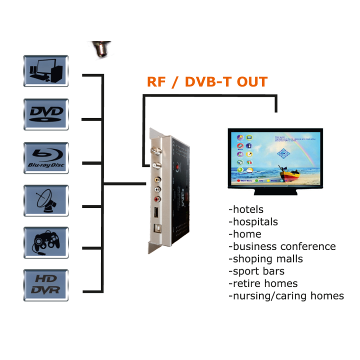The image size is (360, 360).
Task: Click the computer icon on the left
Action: (45, 71)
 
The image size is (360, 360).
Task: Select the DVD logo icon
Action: (45, 114)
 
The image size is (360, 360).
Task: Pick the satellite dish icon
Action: (45, 200)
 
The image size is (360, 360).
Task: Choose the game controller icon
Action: (45, 242)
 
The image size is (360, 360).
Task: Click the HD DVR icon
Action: (45, 285)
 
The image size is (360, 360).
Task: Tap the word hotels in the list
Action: (248, 209)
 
